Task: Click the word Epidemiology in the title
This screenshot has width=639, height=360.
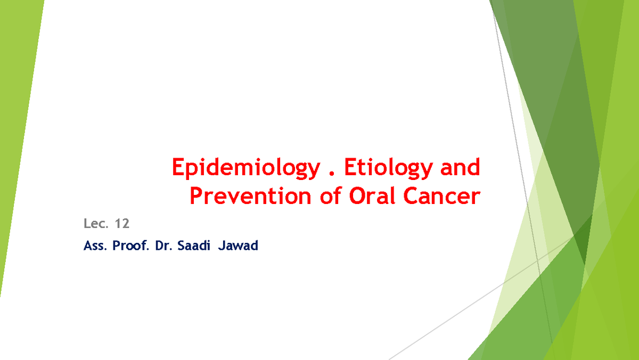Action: (x=246, y=169)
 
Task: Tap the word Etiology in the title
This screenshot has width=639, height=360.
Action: (x=389, y=169)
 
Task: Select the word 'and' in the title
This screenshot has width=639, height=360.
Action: (x=460, y=167)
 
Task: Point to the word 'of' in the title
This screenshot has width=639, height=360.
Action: (x=330, y=195)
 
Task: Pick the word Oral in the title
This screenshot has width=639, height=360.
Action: (x=372, y=195)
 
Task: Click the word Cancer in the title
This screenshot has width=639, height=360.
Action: (x=442, y=196)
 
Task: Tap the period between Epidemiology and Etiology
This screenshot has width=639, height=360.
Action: (x=331, y=173)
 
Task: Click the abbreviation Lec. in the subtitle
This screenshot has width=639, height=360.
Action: (x=96, y=223)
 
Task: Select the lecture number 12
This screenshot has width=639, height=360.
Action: (x=122, y=224)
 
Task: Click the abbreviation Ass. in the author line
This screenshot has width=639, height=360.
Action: (x=95, y=246)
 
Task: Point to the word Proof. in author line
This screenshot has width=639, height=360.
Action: (x=131, y=246)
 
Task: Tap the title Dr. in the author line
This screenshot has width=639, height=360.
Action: (x=164, y=246)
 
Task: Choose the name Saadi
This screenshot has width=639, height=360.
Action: (x=194, y=246)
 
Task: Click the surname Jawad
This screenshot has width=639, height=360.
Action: (x=238, y=246)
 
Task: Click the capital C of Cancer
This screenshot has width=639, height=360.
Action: (x=411, y=196)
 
